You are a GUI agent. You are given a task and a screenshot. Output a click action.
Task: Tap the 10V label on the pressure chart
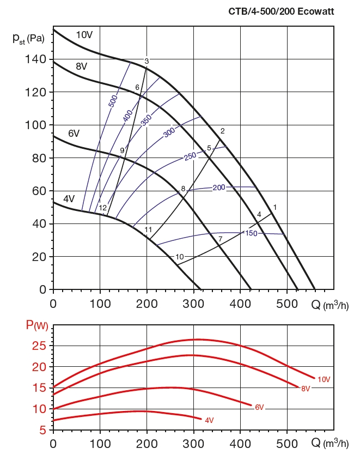click(84, 35)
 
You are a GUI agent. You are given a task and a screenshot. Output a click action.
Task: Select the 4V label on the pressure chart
click(69, 199)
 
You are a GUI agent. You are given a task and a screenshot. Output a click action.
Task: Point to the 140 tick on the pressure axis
click(38, 59)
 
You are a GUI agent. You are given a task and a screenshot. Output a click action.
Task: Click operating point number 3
click(147, 60)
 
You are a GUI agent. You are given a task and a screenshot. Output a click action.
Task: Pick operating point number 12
click(102, 208)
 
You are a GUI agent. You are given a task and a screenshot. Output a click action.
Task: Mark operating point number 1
click(275, 207)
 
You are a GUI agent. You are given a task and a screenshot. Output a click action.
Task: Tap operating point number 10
click(180, 257)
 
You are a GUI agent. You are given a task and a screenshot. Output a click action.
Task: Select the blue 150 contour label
click(251, 233)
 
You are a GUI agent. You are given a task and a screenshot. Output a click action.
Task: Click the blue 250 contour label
click(190, 156)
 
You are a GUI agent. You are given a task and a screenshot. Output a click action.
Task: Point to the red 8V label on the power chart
click(305, 389)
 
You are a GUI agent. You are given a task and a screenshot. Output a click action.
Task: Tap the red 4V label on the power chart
click(209, 420)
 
